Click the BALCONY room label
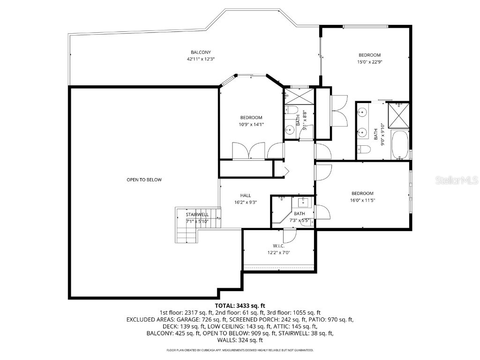(201, 52)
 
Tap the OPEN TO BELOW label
(144, 180)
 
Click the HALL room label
(246, 195)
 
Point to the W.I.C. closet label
(279, 246)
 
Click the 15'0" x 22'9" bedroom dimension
(369, 61)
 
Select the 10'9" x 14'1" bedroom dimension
(251, 124)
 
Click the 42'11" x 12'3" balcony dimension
(201, 59)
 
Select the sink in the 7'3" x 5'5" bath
(303, 202)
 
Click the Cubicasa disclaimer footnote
(240, 350)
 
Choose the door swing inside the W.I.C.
(291, 235)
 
